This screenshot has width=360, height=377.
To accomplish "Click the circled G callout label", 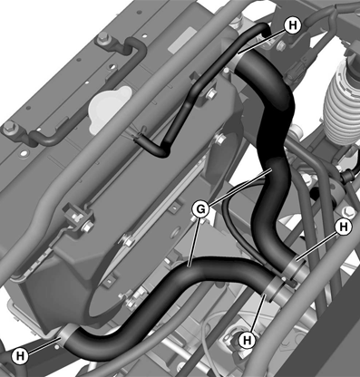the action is click(200, 209).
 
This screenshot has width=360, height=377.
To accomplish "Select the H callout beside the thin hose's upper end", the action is click(292, 24).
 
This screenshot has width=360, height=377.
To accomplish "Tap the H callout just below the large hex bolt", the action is click(344, 227).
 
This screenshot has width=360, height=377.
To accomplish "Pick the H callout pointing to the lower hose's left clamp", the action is click(20, 356).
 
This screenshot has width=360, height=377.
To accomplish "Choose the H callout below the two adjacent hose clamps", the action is click(248, 341).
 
